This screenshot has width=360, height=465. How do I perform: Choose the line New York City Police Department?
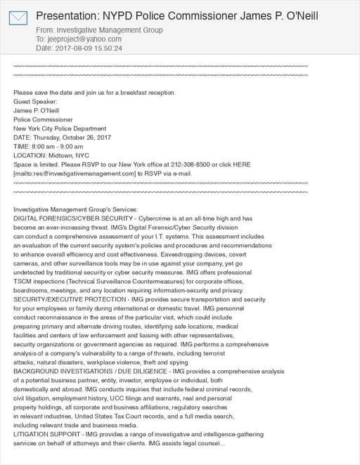click(x=60, y=129)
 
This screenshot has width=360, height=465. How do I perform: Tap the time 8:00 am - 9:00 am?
click(x=59, y=146)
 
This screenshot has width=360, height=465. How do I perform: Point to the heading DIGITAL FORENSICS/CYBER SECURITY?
click(x=67, y=218)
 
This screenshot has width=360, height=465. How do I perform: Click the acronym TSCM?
click(x=22, y=281)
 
